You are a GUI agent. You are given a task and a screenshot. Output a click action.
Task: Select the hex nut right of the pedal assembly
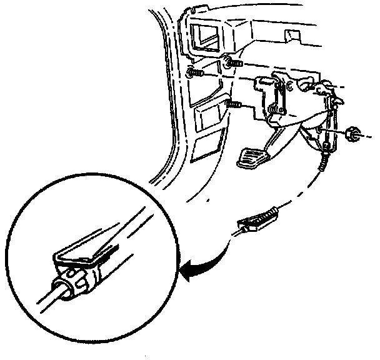[x=351, y=133]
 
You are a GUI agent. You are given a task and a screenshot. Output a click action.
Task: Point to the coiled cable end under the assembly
[x=323, y=164]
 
